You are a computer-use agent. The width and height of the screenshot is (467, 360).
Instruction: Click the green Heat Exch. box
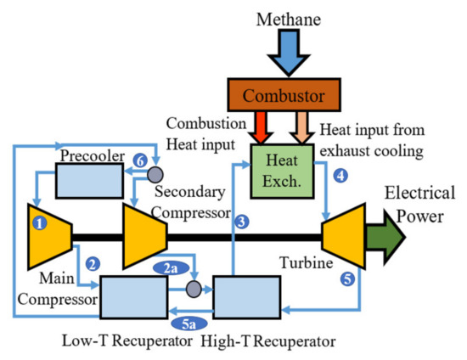tap(280, 166)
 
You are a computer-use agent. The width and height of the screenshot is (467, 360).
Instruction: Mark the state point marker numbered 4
tap(340, 177)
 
